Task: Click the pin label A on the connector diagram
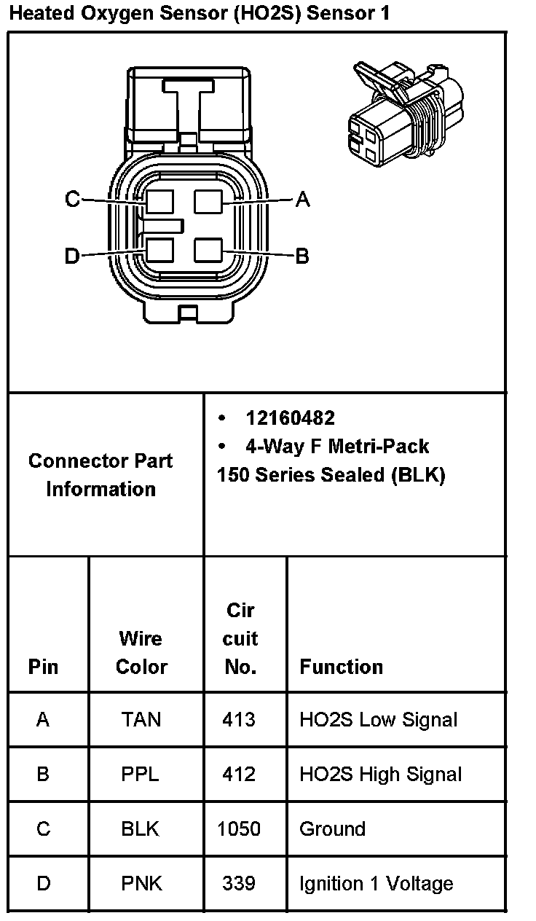tap(303, 199)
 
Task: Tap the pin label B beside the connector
tap(302, 256)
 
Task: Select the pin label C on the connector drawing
tap(72, 199)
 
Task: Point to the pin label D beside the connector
tap(71, 256)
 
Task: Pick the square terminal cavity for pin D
tap(159, 250)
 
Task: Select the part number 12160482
tap(290, 418)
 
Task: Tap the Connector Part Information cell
tap(101, 474)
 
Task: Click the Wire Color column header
tap(141, 652)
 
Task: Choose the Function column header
tap(341, 667)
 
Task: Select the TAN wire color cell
tap(141, 720)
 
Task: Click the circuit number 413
tap(239, 720)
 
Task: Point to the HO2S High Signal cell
tap(380, 774)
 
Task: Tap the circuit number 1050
tap(240, 828)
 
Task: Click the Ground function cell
tap(332, 828)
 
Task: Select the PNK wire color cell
tap(141, 883)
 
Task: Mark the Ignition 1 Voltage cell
tap(376, 883)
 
